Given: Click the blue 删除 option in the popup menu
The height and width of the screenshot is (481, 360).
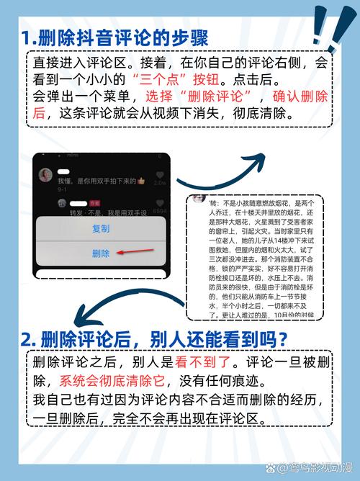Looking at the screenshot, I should click(101, 253).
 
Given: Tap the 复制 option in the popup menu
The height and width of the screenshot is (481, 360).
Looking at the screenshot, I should click(101, 228).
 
